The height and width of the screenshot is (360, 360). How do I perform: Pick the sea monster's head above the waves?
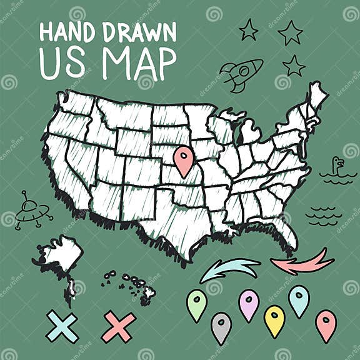tap(337, 164)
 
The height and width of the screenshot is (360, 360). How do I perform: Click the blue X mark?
tap(62, 326)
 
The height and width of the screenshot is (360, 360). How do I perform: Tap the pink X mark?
tap(118, 326)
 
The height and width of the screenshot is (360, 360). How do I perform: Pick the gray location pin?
tap(221, 326)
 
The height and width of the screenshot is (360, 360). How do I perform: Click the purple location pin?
tap(249, 303)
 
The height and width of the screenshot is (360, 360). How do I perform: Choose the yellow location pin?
tap(274, 319)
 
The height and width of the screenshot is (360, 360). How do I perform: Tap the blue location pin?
tap(299, 299)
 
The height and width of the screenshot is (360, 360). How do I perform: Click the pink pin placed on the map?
tap(183, 159)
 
